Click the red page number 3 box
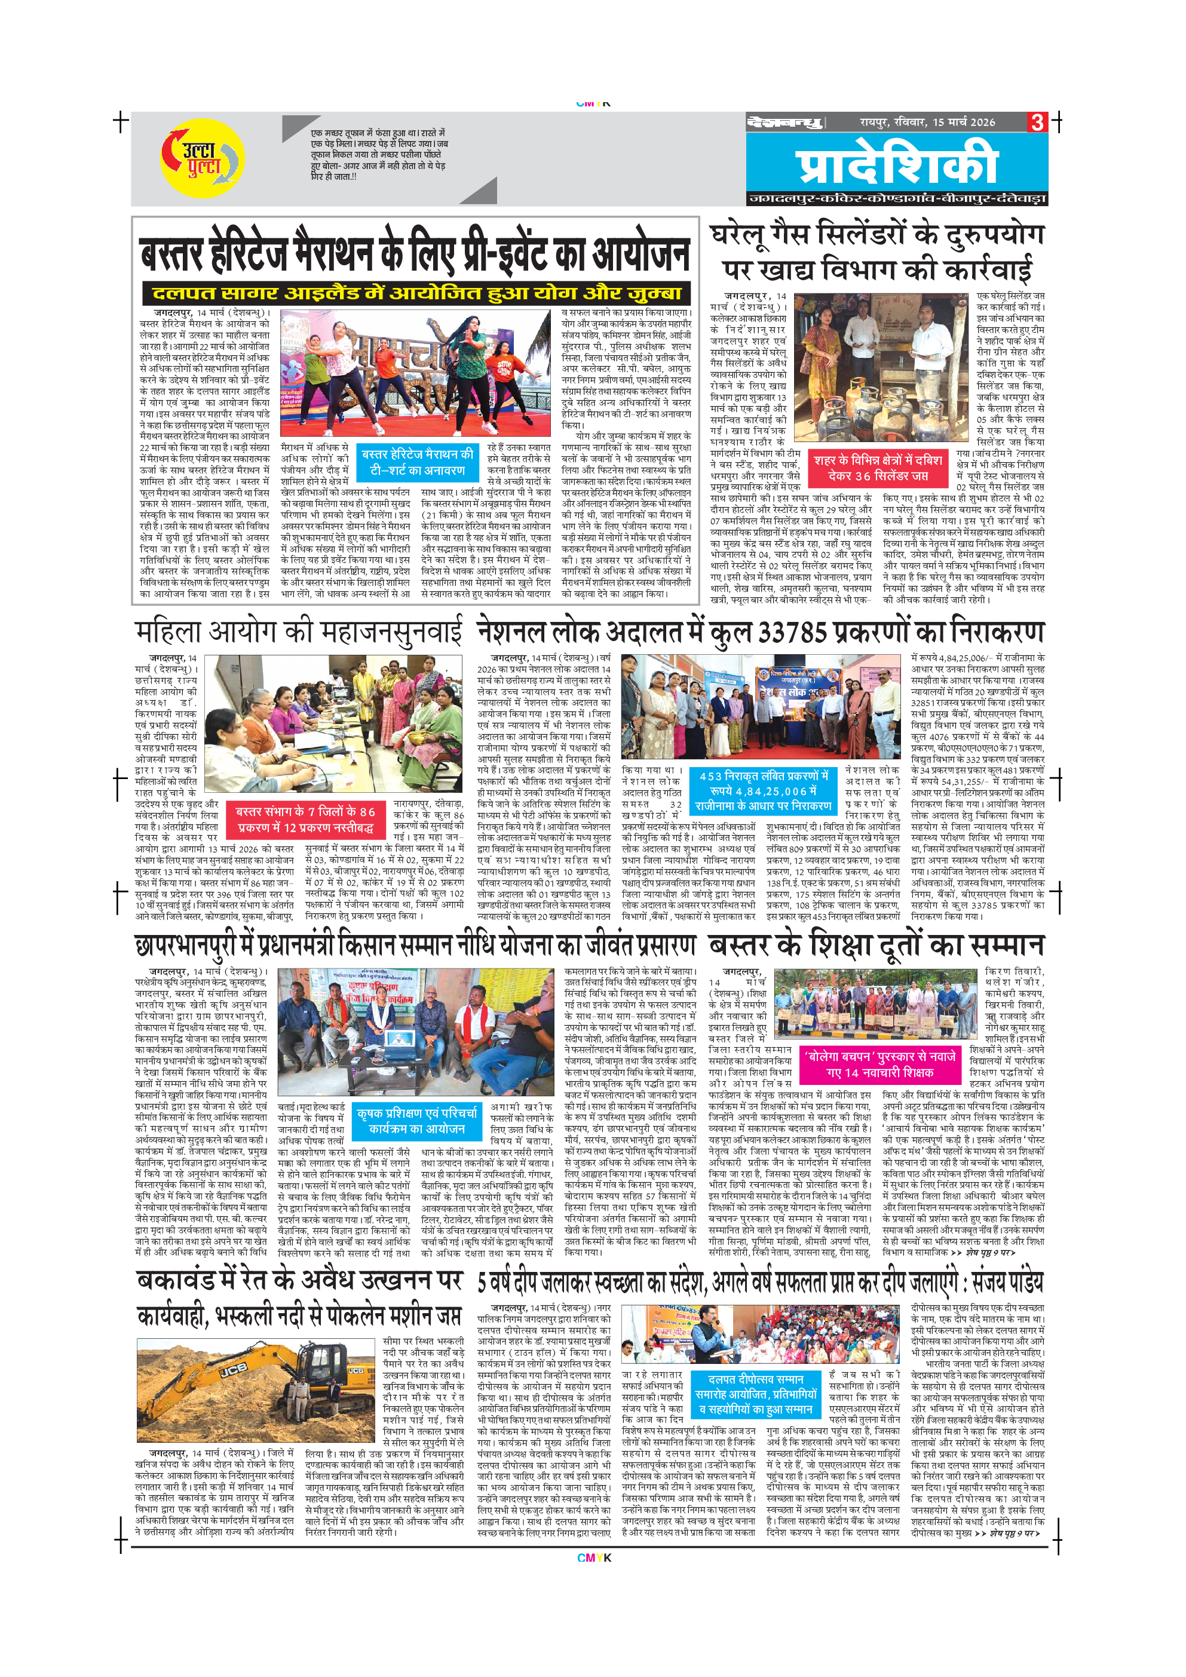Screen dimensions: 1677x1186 click(x=1037, y=122)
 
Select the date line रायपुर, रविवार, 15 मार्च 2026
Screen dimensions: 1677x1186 click(x=927, y=122)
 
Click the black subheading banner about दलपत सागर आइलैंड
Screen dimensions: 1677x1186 click(x=416, y=293)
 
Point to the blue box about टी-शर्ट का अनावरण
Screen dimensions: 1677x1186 click(x=418, y=462)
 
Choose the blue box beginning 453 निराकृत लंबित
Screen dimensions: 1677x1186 click(x=763, y=790)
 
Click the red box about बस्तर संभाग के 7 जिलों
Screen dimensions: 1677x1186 click(x=305, y=820)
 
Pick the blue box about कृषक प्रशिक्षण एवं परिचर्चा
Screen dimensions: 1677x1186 click(x=417, y=1121)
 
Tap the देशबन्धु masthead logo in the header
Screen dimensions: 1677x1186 click(x=785, y=122)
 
